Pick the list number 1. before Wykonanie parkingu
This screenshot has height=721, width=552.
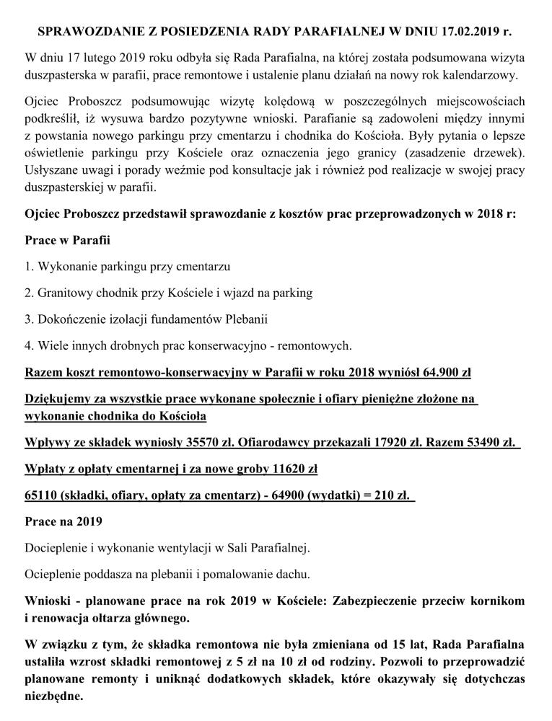(29, 267)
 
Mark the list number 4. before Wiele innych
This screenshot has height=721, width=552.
(29, 345)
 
